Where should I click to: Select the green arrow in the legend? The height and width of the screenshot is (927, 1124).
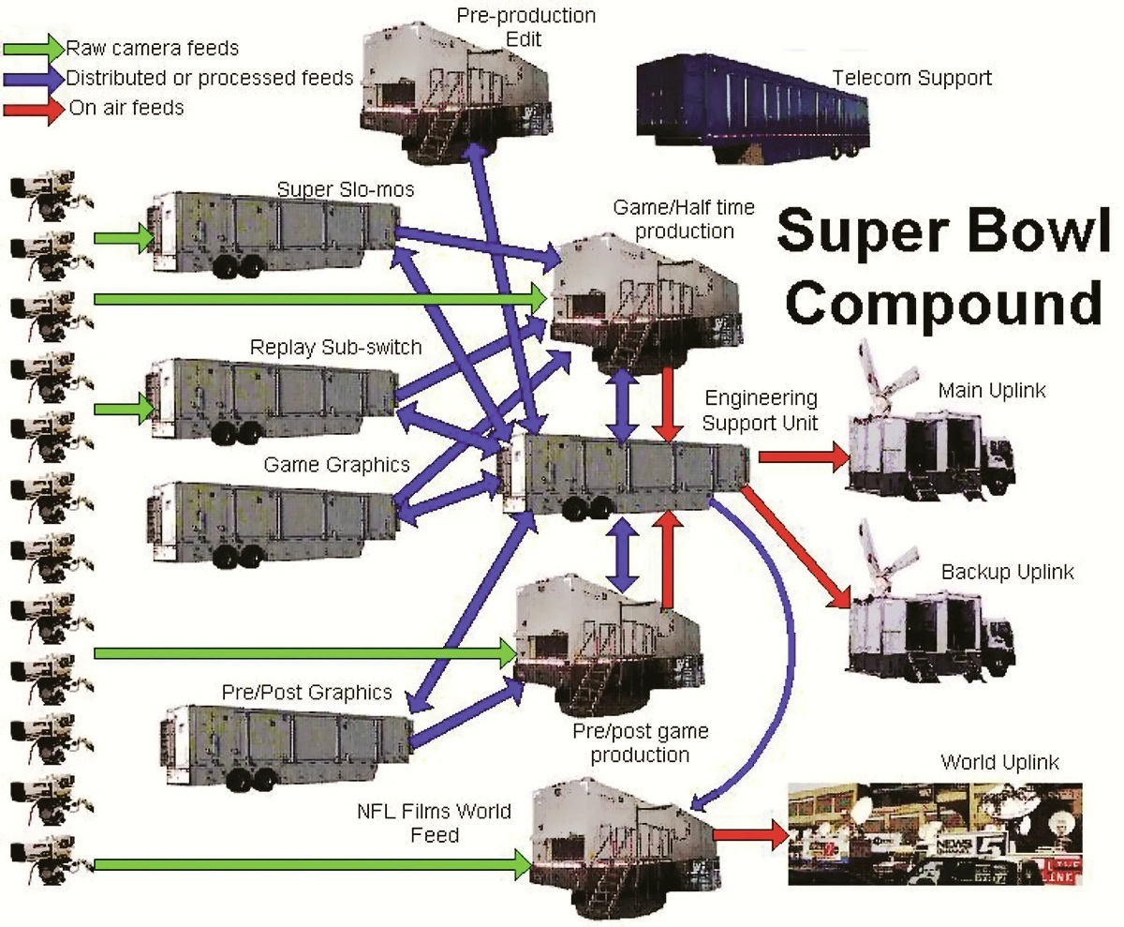point(34,48)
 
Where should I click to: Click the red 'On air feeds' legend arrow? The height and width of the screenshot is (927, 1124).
point(34,110)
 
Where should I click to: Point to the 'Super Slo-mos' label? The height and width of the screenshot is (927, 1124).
point(346,189)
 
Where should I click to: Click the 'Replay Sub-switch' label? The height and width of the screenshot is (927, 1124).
point(336,347)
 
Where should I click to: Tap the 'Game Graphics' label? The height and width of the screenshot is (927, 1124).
point(337,464)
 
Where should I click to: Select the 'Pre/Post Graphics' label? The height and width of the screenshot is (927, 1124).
point(307,692)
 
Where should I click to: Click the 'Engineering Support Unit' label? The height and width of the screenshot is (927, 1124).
point(760,410)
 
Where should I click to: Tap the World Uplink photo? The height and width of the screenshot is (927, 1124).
point(935,834)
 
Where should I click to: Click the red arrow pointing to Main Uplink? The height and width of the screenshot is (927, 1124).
point(805,456)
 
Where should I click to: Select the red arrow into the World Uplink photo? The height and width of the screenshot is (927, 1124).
point(751,835)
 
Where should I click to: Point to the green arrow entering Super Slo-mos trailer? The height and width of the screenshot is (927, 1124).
point(125,238)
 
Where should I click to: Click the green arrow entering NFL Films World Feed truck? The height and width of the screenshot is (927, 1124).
point(313,865)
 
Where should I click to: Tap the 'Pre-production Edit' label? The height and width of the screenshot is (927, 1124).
point(525,27)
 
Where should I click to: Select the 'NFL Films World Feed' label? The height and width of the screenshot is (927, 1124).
point(435,823)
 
